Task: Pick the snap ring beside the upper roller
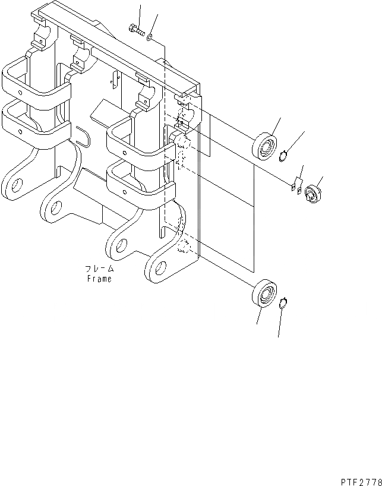tap(285, 156)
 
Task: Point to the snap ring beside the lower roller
tap(285, 304)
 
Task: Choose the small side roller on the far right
tap(311, 194)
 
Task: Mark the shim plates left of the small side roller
tap(296, 185)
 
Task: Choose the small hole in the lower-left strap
tap(21, 131)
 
